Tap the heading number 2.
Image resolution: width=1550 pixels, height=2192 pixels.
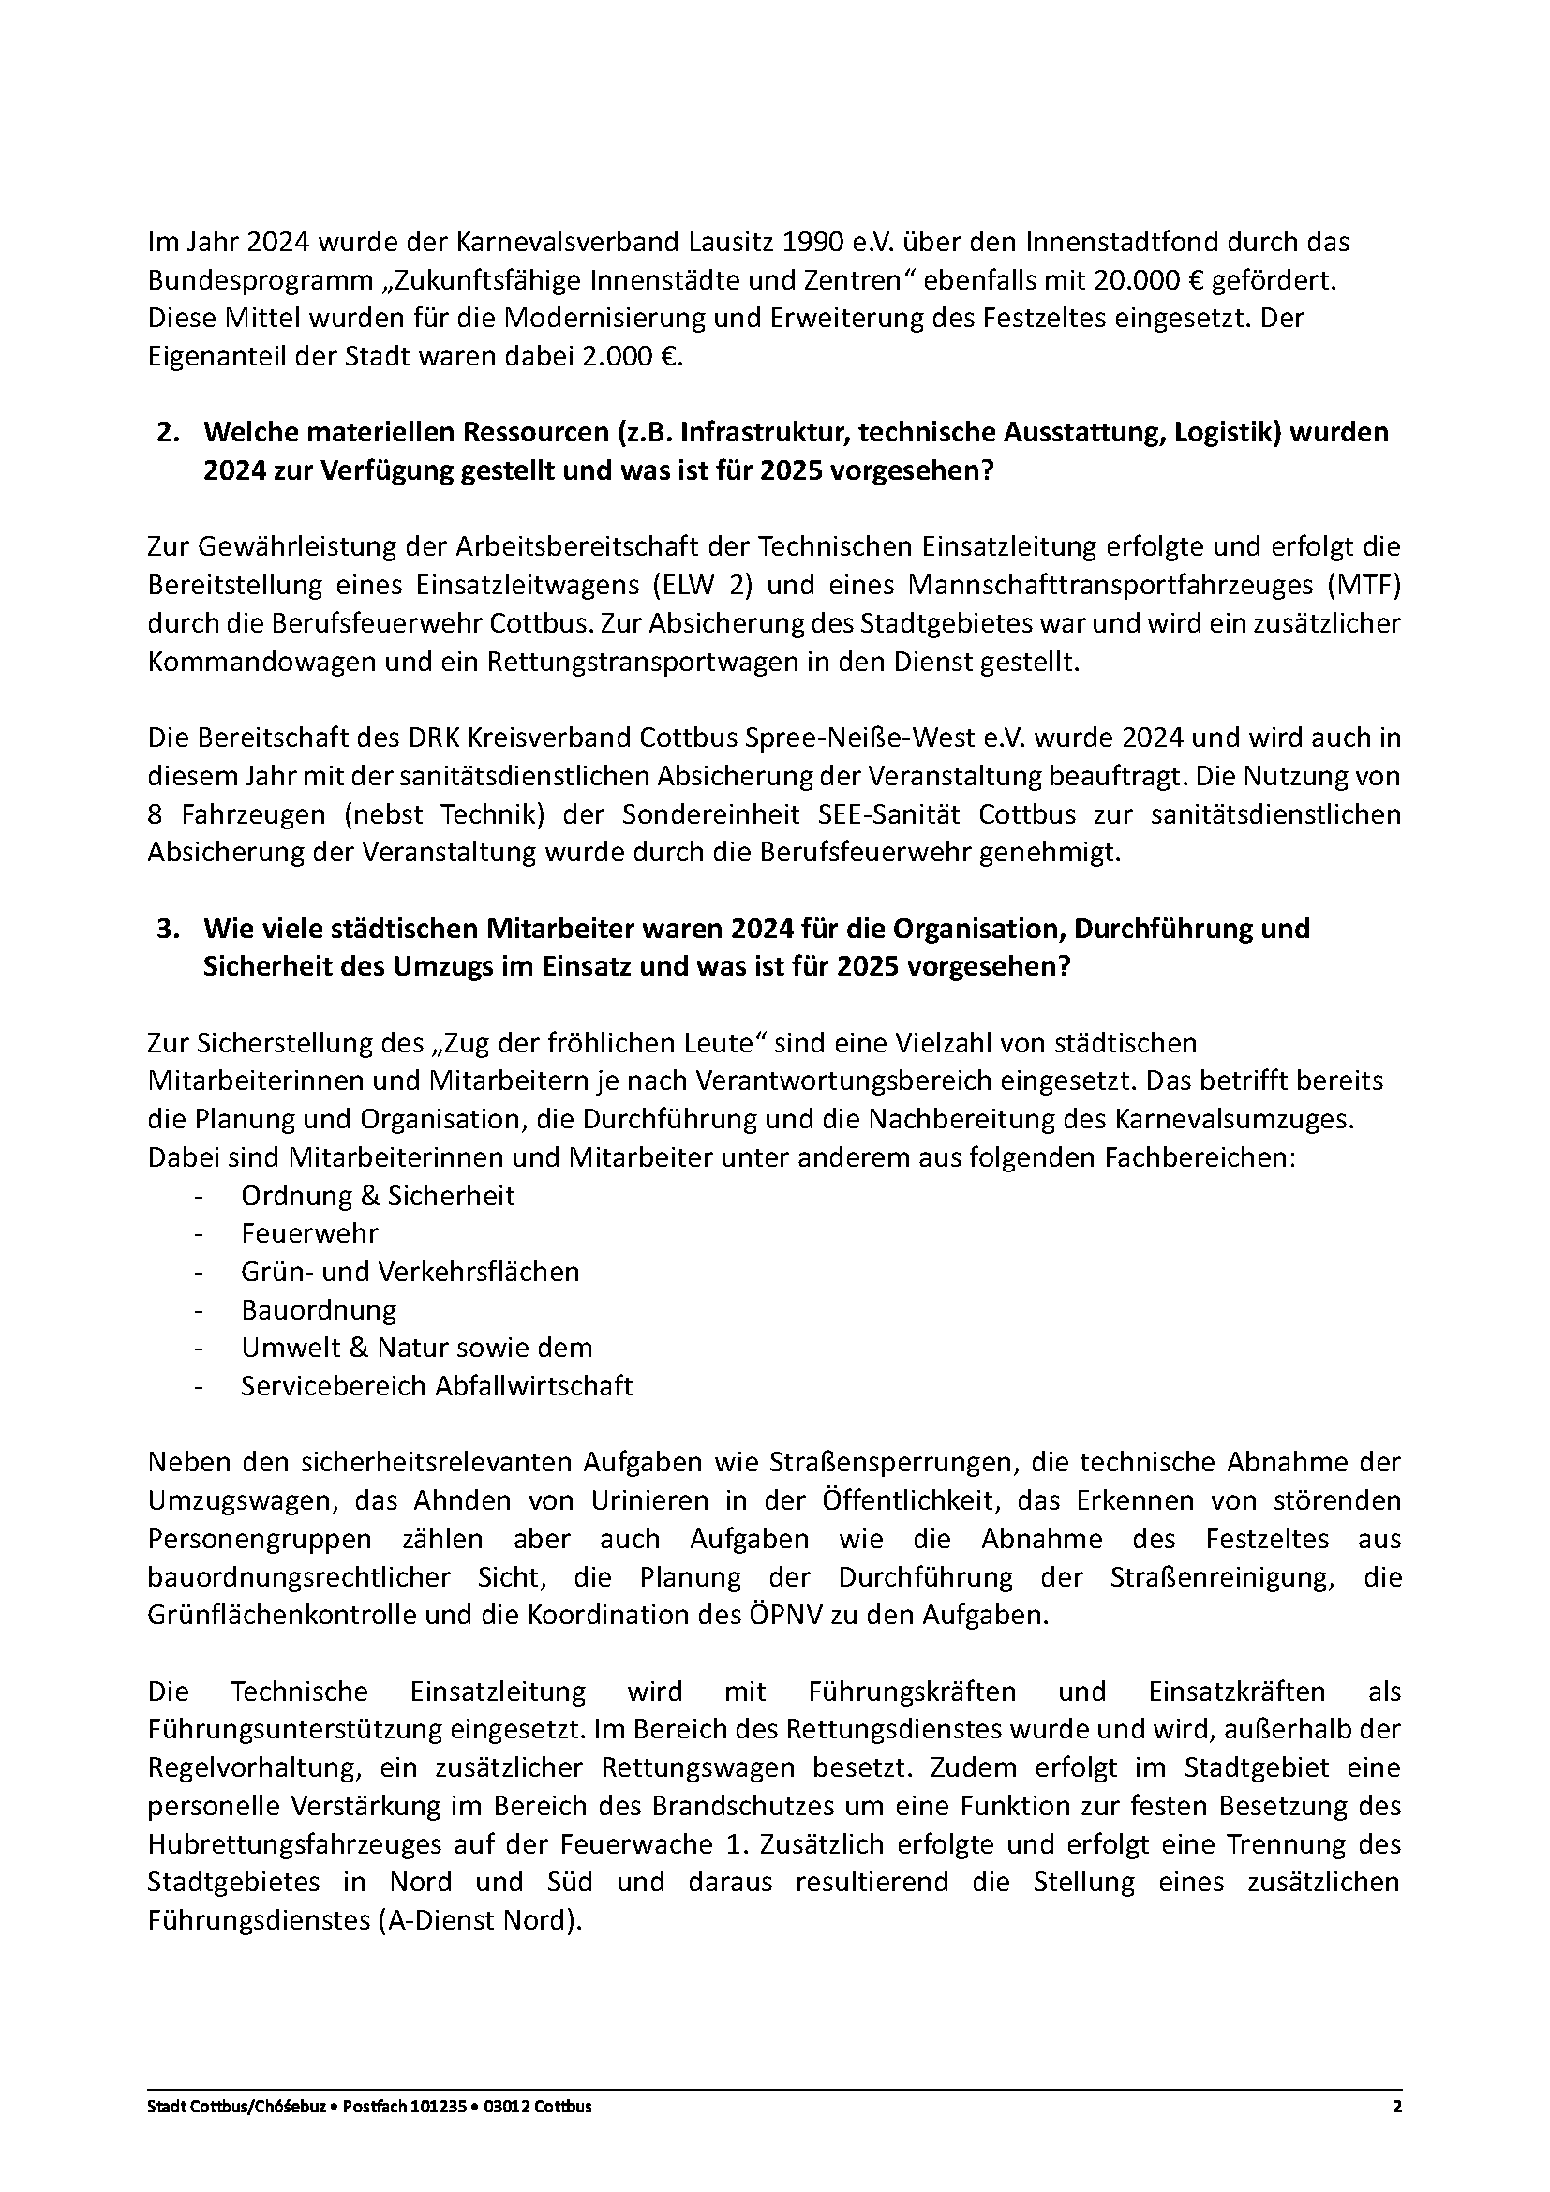[x=168, y=432]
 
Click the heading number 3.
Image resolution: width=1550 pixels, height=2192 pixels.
[x=168, y=928]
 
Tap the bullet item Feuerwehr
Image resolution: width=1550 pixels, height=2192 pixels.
[x=309, y=1233]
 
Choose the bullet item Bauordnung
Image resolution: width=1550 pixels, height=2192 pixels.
[x=318, y=1310]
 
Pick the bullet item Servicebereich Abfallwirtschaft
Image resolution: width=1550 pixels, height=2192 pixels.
[x=436, y=1386]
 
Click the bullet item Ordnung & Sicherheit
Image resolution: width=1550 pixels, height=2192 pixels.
[x=377, y=1195]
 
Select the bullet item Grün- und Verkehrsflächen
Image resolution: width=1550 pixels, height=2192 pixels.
[x=410, y=1272]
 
